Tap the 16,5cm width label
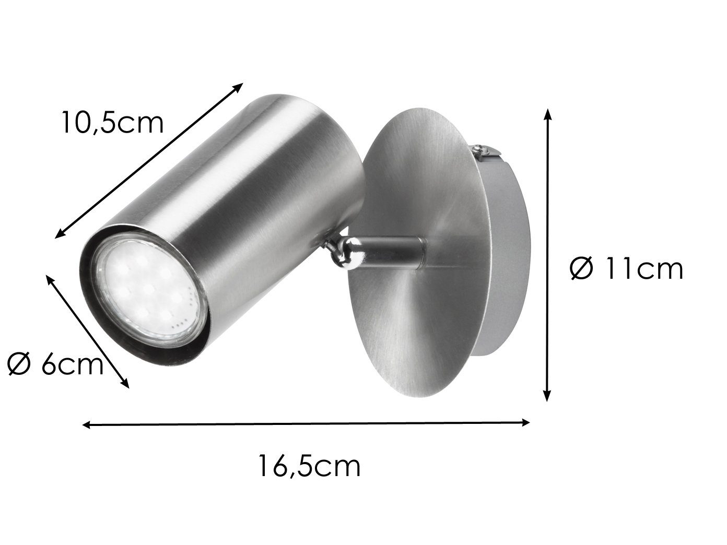coord(309,466)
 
